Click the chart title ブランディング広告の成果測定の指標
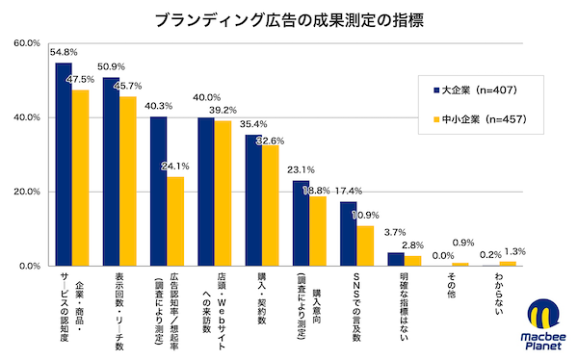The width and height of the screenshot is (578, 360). click(x=289, y=18)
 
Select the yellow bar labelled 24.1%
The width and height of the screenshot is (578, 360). click(x=175, y=220)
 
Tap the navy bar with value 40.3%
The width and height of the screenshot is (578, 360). click(x=158, y=191)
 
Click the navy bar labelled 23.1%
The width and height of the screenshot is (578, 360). click(x=301, y=222)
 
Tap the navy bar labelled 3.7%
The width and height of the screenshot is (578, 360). click(x=395, y=259)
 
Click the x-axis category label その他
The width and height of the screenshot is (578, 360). click(x=451, y=286)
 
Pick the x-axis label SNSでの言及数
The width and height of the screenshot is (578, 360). click(x=356, y=303)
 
